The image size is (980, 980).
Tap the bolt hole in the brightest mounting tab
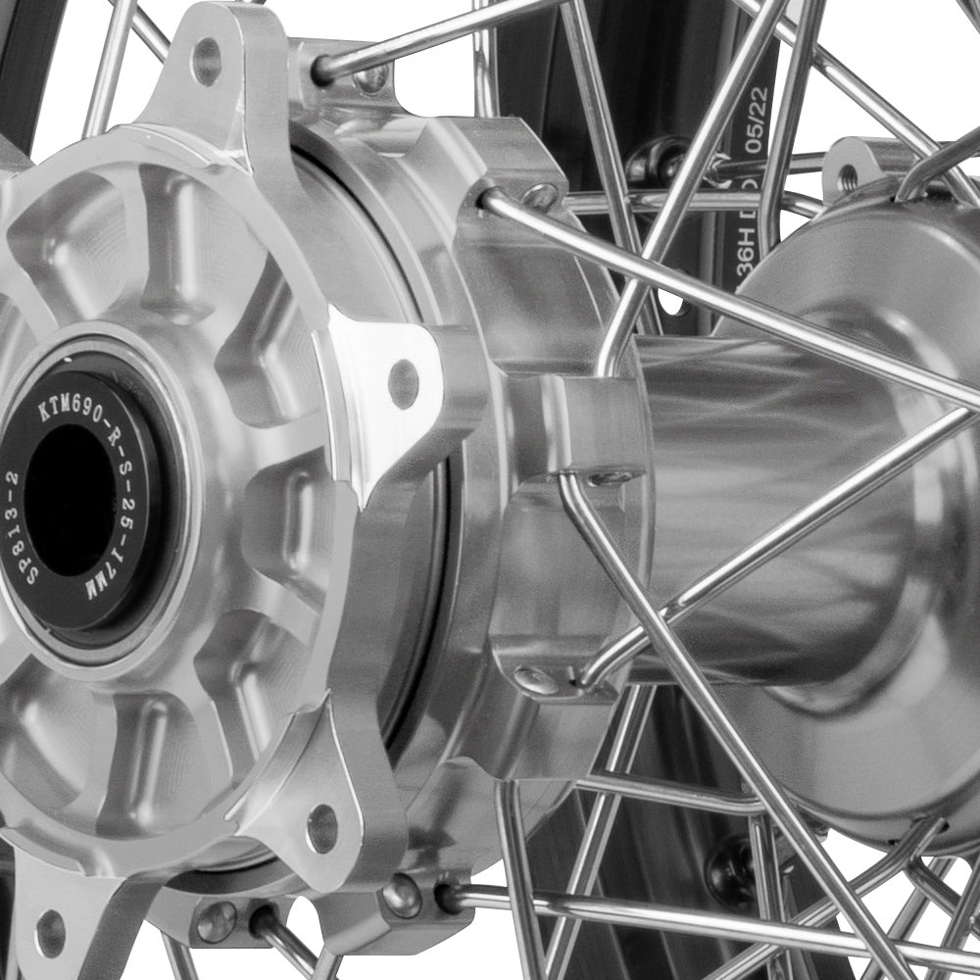click(x=403, y=383)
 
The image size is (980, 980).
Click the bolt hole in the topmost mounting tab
click(x=206, y=61)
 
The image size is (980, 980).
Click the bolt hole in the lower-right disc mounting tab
click(x=321, y=828)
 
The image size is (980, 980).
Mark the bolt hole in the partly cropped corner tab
click(x=50, y=932)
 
